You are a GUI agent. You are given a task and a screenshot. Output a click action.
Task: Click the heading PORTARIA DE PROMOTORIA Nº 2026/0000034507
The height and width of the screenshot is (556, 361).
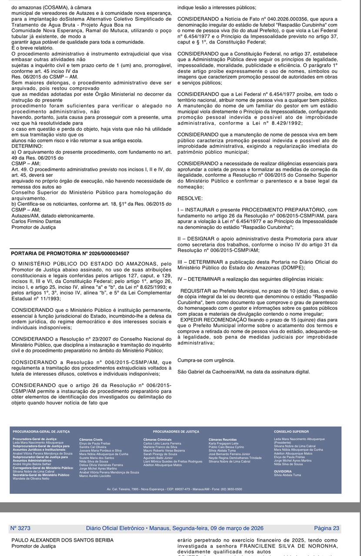pyautogui.click(x=70, y=253)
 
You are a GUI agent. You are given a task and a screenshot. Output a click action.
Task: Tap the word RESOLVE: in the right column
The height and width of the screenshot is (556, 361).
pyautogui.click(x=190, y=198)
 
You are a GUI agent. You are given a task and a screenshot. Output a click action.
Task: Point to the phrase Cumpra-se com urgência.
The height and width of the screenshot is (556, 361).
pyautogui.click(x=206, y=360)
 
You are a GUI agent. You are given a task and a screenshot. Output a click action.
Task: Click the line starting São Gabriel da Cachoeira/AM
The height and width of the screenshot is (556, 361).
pyautogui.click(x=244, y=372)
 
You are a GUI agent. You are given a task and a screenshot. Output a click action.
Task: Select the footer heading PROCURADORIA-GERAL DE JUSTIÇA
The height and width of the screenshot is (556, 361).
pyautogui.click(x=41, y=432)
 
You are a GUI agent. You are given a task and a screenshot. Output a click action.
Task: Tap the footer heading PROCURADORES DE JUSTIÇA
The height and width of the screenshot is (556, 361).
pyautogui.click(x=176, y=432)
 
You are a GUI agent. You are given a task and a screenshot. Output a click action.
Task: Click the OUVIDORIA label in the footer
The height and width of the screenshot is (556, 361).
pyautogui.click(x=283, y=471)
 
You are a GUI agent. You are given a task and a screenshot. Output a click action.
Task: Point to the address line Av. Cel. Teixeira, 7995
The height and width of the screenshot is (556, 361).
pyautogui.click(x=174, y=489)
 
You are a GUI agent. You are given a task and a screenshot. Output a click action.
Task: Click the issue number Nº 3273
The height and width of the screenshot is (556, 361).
pyautogui.click(x=20, y=528)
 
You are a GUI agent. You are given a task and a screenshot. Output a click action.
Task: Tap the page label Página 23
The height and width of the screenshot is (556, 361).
pyautogui.click(x=326, y=528)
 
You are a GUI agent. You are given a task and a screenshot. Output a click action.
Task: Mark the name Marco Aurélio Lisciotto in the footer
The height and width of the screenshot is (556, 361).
pyautogui.click(x=95, y=476)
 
